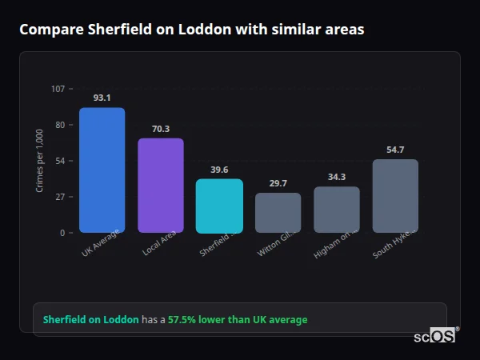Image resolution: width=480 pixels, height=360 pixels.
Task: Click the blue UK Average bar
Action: [x=102, y=170]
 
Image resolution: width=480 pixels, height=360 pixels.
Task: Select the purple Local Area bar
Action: [x=161, y=186]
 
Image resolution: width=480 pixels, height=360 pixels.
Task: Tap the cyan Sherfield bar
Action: [x=219, y=206]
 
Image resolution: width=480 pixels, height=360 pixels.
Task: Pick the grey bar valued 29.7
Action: [x=278, y=213]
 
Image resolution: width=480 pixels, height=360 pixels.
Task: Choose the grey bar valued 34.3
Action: [x=337, y=210]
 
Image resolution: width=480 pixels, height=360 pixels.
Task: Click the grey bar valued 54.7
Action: [x=395, y=196]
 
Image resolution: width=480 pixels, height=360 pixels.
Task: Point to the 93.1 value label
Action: [x=102, y=98]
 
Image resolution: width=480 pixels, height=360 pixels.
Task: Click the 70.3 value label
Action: [x=161, y=129]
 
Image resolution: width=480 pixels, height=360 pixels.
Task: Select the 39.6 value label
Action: [x=219, y=170]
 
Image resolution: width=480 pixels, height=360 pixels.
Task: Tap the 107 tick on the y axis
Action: [x=58, y=89]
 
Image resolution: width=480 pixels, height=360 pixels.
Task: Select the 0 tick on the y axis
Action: [x=62, y=233]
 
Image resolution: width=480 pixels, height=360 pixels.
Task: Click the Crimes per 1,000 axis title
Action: [x=40, y=161]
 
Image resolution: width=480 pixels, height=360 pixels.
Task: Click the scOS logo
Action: [x=435, y=337]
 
